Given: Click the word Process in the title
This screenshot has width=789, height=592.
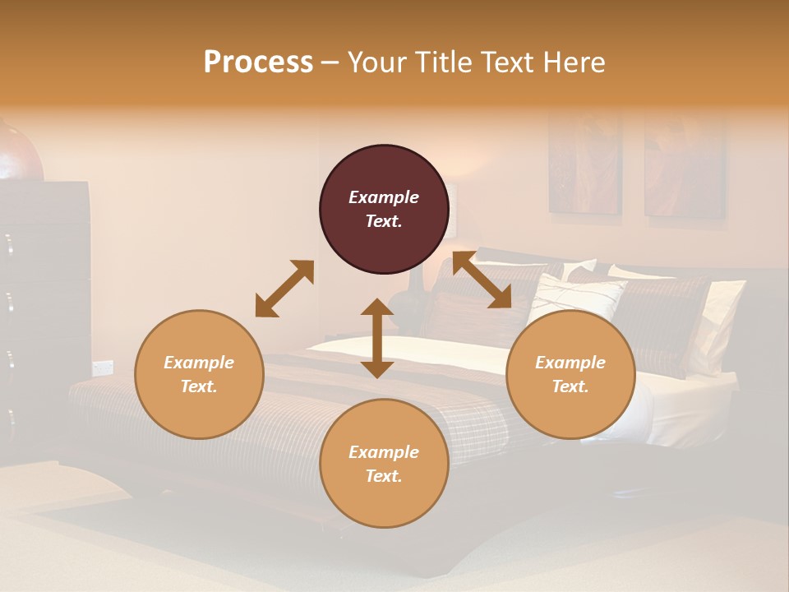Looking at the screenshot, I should pyautogui.click(x=258, y=62).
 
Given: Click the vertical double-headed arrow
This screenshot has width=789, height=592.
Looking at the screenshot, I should pyautogui.click(x=377, y=338).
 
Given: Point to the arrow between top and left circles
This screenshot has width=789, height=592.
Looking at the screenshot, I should pyautogui.click(x=284, y=289).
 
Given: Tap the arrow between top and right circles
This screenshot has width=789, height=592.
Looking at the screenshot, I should pyautogui.click(x=482, y=280).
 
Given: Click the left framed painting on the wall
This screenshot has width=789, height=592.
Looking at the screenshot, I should pyautogui.click(x=585, y=164).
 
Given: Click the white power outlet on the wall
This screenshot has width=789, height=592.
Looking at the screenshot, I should pyautogui.click(x=102, y=367).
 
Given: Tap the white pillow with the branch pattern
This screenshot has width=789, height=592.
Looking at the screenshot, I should pyautogui.click(x=579, y=300).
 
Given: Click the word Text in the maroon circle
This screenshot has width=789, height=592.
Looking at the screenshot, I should pyautogui.click(x=383, y=221).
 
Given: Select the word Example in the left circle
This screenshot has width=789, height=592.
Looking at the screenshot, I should pyautogui.click(x=199, y=363).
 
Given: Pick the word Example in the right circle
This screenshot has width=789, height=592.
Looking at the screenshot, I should pyautogui.click(x=570, y=363).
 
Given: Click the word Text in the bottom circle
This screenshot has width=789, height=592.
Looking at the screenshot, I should pyautogui.click(x=383, y=476).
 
